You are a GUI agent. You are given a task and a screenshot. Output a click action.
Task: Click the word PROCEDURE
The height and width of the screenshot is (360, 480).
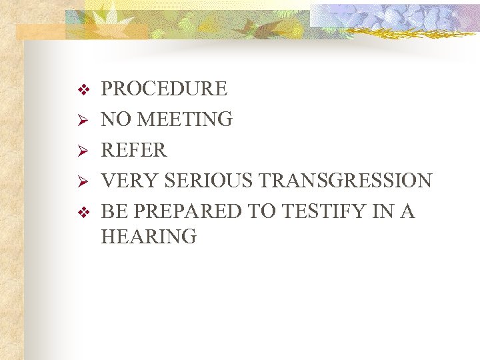[x=164, y=89]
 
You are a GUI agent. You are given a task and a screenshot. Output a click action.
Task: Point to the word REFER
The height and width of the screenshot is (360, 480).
[x=133, y=150]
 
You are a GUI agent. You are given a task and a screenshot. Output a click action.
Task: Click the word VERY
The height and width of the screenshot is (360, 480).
[x=129, y=181]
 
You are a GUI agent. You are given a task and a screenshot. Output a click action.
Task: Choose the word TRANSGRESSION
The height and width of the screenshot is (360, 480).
[x=345, y=181]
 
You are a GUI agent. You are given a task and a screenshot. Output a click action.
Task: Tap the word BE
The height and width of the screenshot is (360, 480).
[x=112, y=211]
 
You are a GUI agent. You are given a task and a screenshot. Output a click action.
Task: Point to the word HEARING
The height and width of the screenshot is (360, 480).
[x=149, y=236]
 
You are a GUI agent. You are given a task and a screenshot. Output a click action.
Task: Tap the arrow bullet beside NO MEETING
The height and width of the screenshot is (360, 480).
[x=83, y=120]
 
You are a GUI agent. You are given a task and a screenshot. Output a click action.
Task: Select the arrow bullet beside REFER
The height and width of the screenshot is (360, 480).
[x=83, y=151]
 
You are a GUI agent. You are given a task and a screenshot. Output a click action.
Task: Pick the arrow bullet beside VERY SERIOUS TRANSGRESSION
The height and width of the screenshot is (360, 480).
[x=83, y=181]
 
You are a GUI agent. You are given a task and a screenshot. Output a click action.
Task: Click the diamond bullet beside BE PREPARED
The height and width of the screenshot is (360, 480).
[x=83, y=212]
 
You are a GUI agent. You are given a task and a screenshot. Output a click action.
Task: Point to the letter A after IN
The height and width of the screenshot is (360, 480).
[x=407, y=211]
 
